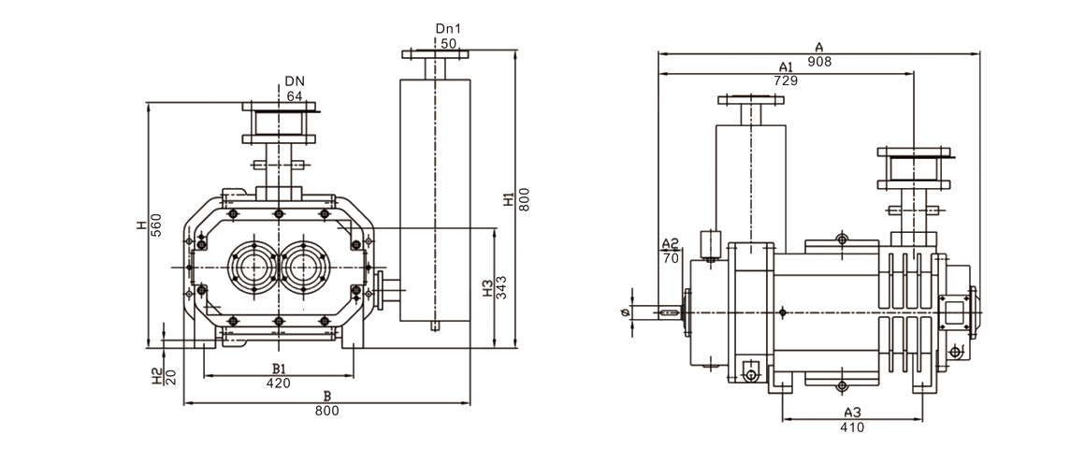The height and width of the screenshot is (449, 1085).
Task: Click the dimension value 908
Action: pos(820,62)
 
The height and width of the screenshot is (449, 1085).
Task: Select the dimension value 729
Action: pos(786,81)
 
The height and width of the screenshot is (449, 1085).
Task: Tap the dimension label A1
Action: pos(786,67)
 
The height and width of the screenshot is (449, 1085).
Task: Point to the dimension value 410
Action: pos(852,427)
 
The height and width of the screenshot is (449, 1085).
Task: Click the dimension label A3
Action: pos(852,413)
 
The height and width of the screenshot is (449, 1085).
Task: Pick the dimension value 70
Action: pos(670,257)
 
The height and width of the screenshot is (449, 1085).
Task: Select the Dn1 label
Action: pos(447,29)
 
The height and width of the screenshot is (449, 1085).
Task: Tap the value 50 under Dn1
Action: pos(447,44)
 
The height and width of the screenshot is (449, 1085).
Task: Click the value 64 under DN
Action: pos(295,96)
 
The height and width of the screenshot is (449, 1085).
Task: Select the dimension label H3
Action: pos(486,288)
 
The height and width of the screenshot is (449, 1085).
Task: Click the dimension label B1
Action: pos(278,368)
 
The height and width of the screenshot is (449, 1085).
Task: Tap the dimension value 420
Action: pos(278,383)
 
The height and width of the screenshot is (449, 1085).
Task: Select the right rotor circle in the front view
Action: pos(306,268)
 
